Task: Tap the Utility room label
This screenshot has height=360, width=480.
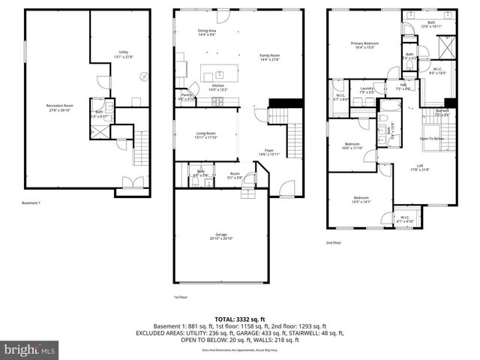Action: click(x=124, y=53)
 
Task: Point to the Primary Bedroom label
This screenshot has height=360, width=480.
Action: click(x=365, y=45)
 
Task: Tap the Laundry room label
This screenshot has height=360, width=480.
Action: click(x=367, y=90)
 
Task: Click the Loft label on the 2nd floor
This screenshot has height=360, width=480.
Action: click(x=424, y=167)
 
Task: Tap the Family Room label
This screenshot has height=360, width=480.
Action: click(x=270, y=57)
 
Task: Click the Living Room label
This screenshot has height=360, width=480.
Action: click(x=205, y=135)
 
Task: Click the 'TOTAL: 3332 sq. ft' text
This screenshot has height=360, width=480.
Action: click(x=239, y=319)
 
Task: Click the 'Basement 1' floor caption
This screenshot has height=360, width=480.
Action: click(x=31, y=203)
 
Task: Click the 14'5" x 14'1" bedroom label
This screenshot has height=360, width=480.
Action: click(x=361, y=200)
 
